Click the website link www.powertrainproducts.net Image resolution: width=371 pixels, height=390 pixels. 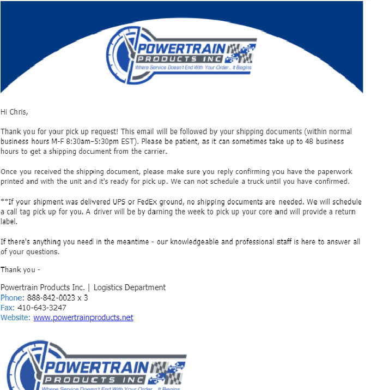(83, 317)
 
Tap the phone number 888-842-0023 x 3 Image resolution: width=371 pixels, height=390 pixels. (57, 298)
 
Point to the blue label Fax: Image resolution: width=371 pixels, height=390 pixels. (8, 308)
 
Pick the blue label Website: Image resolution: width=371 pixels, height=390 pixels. (16, 317)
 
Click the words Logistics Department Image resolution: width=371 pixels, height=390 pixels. (132, 287)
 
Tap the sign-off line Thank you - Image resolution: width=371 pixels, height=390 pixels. (20, 269)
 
